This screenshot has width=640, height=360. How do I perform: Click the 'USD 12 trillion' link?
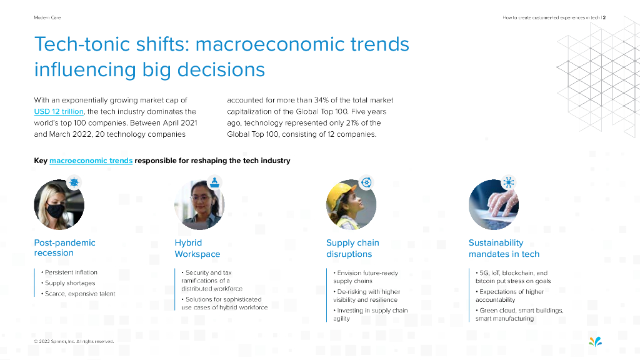[x=59, y=111]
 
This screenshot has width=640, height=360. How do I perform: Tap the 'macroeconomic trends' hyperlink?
[x=91, y=161]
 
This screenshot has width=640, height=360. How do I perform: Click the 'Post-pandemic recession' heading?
[x=64, y=247]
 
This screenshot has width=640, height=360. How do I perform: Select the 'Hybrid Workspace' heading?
[x=197, y=248]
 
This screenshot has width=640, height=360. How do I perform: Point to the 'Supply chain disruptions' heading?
[x=352, y=248]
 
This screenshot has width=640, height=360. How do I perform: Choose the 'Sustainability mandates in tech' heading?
[x=504, y=248]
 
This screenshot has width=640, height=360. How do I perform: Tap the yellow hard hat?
[x=340, y=191]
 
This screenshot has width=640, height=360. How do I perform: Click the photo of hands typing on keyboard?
[x=494, y=205]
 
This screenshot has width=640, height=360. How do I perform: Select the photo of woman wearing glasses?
[x=199, y=205]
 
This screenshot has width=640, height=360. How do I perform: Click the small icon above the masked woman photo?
[x=74, y=182]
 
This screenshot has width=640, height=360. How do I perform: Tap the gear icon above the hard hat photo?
[x=366, y=182]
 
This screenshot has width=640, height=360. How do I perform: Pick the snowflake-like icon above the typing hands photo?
[x=508, y=182]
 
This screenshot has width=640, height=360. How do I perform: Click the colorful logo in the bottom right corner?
[x=596, y=341]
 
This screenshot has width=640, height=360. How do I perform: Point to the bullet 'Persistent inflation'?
[x=69, y=272]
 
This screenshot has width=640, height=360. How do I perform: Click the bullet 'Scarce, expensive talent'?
[x=78, y=294]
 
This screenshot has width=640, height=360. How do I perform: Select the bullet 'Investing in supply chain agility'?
[x=371, y=314]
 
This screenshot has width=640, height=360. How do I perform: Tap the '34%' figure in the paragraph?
[x=322, y=100]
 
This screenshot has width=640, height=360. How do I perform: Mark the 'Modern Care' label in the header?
[x=47, y=17]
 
